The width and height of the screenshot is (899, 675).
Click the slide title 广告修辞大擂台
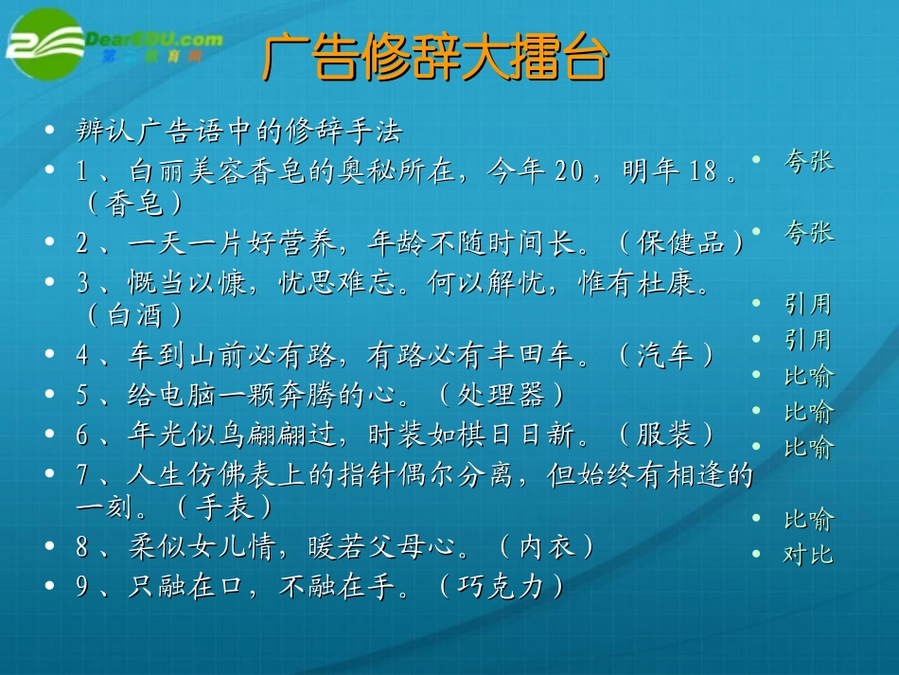pyautogui.click(x=435, y=59)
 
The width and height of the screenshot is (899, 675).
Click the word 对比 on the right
pyautogui.click(x=808, y=555)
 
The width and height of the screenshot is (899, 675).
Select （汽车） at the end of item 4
pyautogui.click(x=668, y=354)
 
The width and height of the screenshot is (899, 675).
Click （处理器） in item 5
pyautogui.click(x=502, y=394)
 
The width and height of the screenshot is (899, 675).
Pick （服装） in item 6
pyautogui.click(x=667, y=434)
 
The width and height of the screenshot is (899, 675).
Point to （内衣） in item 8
pyautogui.click(x=547, y=546)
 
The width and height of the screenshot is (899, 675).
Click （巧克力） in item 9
pyautogui.click(x=502, y=587)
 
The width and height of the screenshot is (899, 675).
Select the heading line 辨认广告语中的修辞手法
pyautogui.click(x=239, y=131)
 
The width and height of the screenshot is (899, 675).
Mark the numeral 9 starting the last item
pyautogui.click(x=82, y=587)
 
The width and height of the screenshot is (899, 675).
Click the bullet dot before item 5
pyautogui.click(x=50, y=395)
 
